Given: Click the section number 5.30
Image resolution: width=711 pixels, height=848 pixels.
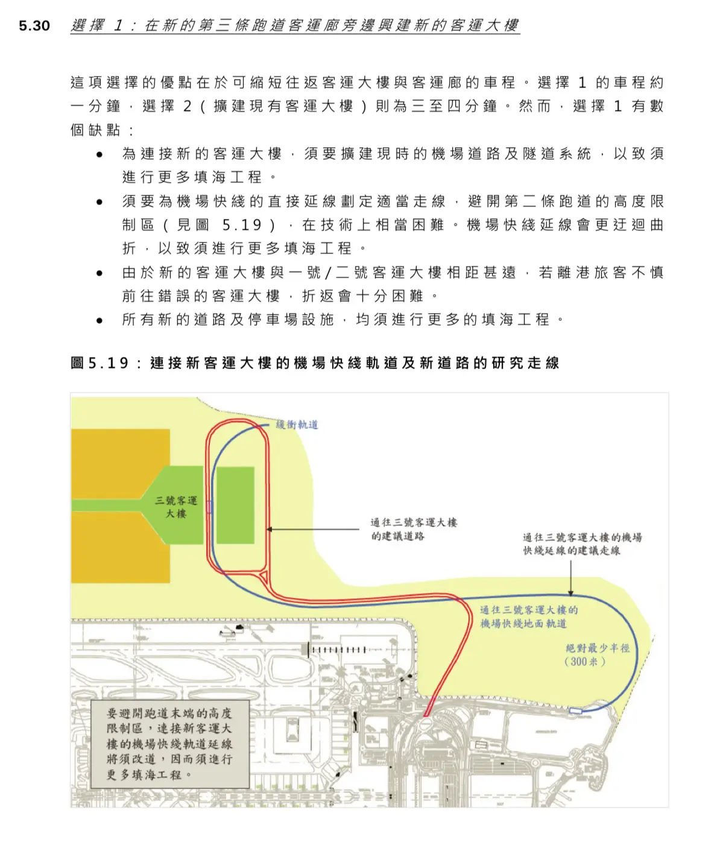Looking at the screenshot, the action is pyautogui.click(x=34, y=25).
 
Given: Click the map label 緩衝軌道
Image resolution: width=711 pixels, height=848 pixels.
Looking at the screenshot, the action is pyautogui.click(x=297, y=425).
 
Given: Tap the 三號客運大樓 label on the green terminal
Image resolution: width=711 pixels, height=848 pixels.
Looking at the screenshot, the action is pyautogui.click(x=176, y=507).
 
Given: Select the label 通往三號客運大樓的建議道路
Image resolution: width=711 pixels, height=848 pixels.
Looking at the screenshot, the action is pyautogui.click(x=414, y=529).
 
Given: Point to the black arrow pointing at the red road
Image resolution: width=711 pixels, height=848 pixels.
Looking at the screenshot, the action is pyautogui.click(x=312, y=529).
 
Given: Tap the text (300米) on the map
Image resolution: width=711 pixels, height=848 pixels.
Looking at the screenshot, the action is pyautogui.click(x=585, y=662).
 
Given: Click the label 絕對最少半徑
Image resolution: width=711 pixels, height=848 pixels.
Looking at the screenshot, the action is pyautogui.click(x=598, y=648).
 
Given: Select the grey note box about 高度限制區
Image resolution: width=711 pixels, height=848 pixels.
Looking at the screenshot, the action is pyautogui.click(x=170, y=744).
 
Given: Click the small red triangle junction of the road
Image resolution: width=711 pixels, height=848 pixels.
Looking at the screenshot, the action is pyautogui.click(x=264, y=577).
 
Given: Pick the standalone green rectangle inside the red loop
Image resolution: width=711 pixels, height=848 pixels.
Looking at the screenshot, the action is pyautogui.click(x=236, y=505).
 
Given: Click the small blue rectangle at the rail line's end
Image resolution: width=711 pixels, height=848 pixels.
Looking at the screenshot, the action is pyautogui.click(x=576, y=710).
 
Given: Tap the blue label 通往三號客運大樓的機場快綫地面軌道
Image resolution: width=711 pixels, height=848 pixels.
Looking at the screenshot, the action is pyautogui.click(x=529, y=616).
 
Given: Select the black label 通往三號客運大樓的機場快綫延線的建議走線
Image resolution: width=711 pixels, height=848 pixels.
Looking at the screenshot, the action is pyautogui.click(x=583, y=544).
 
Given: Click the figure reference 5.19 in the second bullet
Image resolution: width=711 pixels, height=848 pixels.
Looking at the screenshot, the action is pyautogui.click(x=242, y=224).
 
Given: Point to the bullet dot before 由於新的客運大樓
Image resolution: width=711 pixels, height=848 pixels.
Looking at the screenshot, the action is pyautogui.click(x=100, y=273).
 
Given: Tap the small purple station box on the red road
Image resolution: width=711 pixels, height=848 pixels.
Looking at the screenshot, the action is pyautogui.click(x=209, y=507).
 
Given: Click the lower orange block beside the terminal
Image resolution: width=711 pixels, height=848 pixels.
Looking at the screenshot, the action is pyautogui.click(x=121, y=547).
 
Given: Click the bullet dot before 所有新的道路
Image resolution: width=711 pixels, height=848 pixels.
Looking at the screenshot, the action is pyautogui.click(x=100, y=321).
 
